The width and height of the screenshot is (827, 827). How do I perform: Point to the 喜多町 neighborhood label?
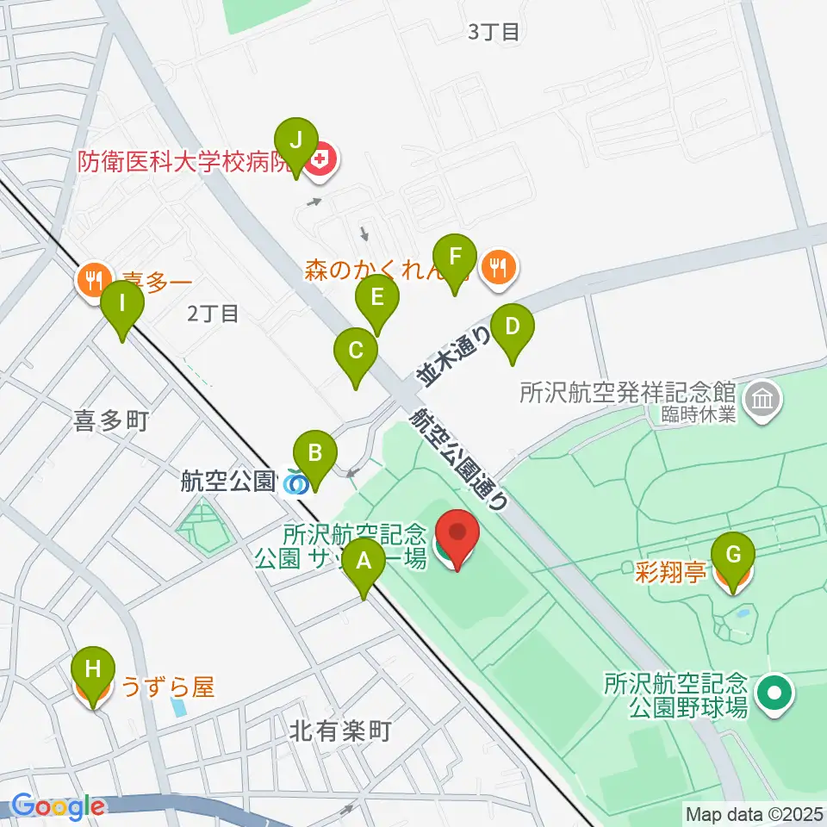[112, 421]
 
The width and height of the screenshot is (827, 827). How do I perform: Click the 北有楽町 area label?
[340, 732]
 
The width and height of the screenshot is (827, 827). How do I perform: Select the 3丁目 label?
[494, 33]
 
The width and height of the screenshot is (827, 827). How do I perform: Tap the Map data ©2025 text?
[755, 812]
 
